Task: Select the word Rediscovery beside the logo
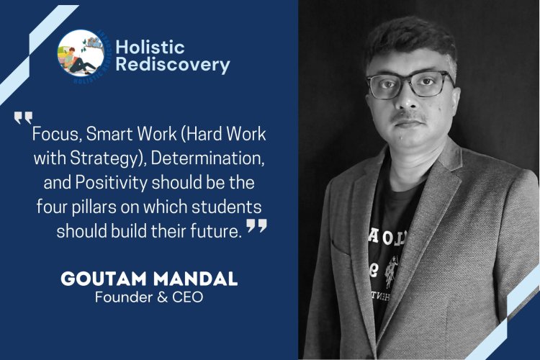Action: point(173,65)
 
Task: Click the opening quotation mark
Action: point(23,117)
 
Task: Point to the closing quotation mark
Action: point(256,227)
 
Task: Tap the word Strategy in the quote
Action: point(117,158)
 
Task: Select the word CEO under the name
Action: point(189,297)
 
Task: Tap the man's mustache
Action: point(413,118)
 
